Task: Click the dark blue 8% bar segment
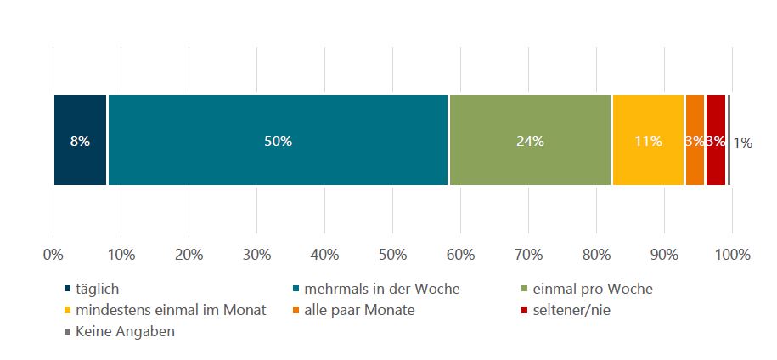click(x=80, y=140)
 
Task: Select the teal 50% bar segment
click(x=278, y=140)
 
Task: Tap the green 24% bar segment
click(x=530, y=140)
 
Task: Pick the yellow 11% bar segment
click(x=648, y=140)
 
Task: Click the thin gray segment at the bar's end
click(x=729, y=140)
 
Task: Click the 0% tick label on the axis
click(x=53, y=254)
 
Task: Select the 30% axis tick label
click(x=256, y=254)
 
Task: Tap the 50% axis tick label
click(x=392, y=254)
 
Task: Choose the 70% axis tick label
click(x=528, y=254)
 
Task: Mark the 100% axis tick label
click(x=733, y=254)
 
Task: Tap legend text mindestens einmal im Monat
click(x=171, y=310)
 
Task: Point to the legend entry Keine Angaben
click(x=126, y=331)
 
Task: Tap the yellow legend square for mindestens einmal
click(x=68, y=311)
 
